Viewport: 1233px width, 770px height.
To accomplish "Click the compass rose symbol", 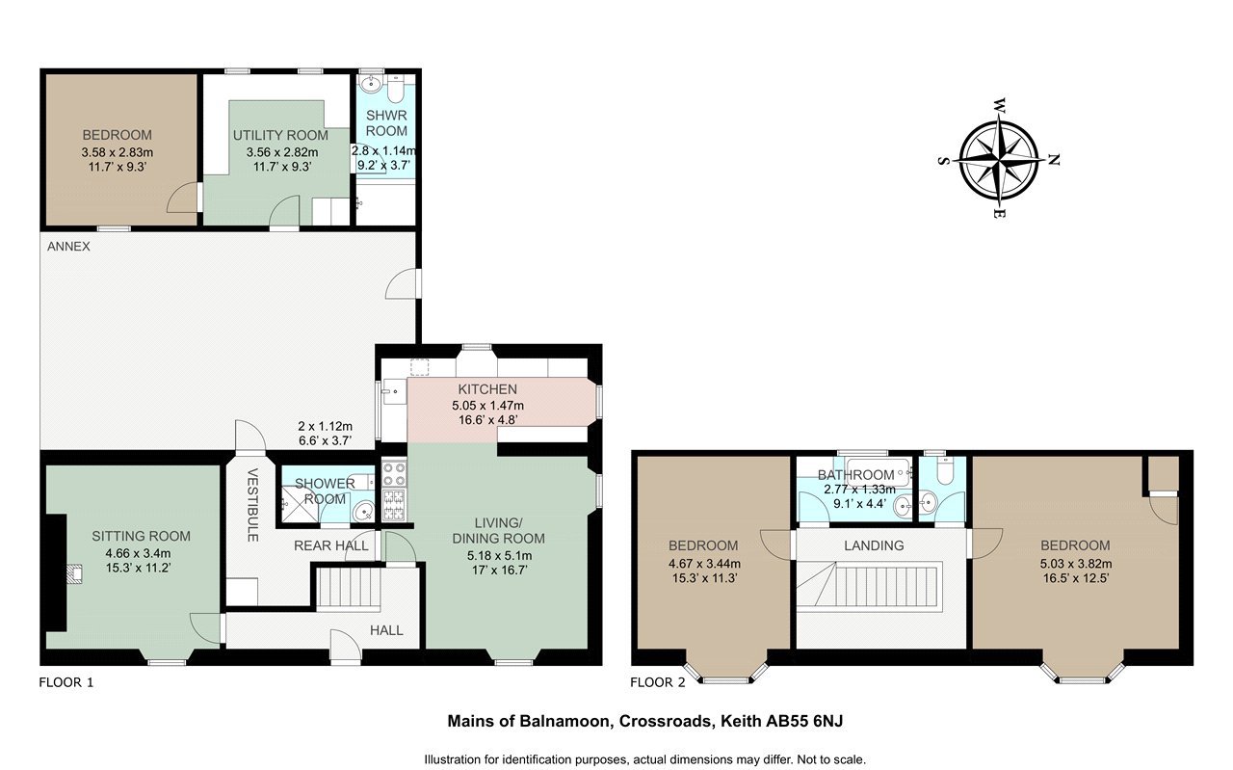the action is coord(999,160).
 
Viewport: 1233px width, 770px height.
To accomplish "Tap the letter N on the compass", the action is coord(1054,160).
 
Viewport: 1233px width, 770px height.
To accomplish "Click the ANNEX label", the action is coord(68,247).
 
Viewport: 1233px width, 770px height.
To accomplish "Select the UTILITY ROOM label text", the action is coord(280,136).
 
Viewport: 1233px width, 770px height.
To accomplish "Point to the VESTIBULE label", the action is coord(252,505).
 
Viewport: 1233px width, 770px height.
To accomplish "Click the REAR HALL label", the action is coord(330,545).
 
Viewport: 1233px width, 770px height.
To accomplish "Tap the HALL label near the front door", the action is coord(386,630).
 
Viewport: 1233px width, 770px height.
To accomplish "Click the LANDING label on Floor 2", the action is coord(874,545).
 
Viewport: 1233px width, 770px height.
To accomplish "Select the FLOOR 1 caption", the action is coord(66,682).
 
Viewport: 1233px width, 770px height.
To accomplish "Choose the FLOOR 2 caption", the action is coord(658,682).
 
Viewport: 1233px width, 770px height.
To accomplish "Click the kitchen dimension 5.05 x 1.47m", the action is coord(487,406).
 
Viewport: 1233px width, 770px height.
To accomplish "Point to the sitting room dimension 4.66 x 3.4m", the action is coord(138,553).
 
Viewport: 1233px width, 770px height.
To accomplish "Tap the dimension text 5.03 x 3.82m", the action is coord(1076,564).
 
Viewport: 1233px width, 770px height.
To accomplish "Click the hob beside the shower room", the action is coord(394,490).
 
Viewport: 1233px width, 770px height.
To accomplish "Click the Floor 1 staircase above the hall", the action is coord(349,588).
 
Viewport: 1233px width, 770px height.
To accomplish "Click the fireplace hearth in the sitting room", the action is coord(75,573).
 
